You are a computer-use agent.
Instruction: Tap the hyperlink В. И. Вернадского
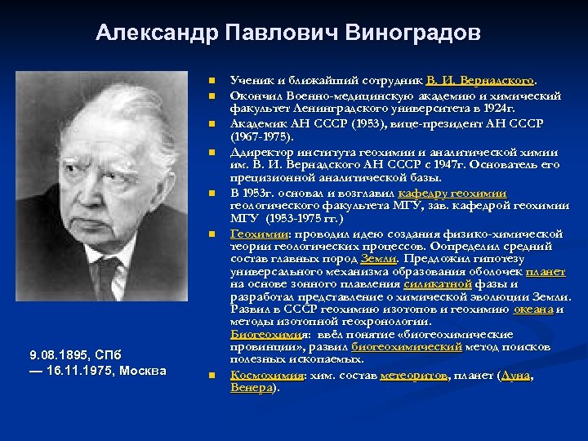coord(481,81)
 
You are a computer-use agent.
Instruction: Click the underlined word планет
coord(545,271)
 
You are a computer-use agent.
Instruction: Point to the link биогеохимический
coord(412,346)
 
